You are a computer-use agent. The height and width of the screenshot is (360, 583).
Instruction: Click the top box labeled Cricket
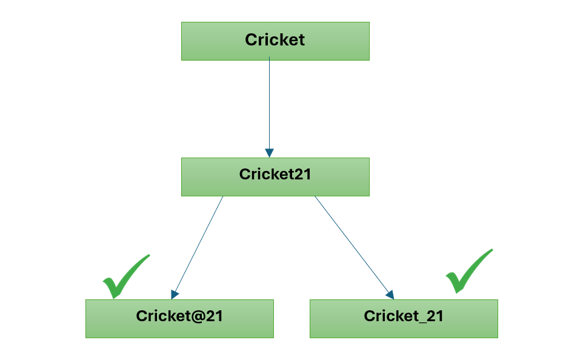click(275, 41)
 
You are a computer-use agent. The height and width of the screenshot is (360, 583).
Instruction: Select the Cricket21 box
click(275, 177)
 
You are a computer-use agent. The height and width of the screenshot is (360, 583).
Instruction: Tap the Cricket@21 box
click(179, 318)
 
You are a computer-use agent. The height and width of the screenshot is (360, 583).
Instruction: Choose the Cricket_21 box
click(404, 318)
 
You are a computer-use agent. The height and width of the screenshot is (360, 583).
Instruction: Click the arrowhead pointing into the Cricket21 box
click(270, 153)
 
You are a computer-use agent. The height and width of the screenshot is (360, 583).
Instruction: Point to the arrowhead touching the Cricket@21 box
click(175, 295)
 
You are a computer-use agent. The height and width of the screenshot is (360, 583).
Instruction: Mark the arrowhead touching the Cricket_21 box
click(390, 295)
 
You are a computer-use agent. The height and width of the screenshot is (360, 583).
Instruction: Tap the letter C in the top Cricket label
click(251, 40)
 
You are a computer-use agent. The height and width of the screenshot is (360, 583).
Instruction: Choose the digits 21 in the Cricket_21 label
click(436, 316)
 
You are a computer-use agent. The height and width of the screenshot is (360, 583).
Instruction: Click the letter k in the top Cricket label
click(282, 40)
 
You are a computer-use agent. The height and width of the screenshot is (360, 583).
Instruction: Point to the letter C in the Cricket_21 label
click(369, 316)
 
